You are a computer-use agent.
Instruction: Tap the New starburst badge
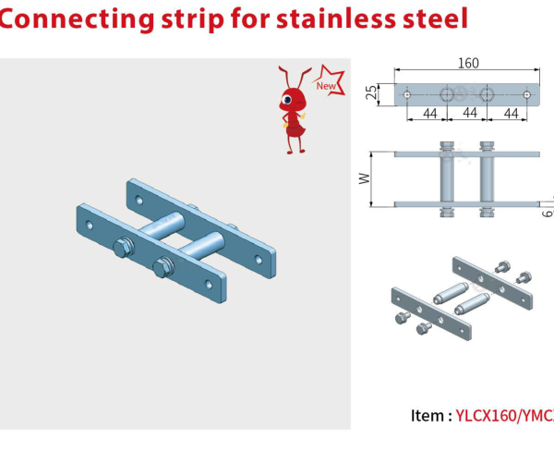tap(327, 85)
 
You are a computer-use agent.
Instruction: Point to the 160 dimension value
tap(467, 64)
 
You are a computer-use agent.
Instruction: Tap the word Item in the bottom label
tap(429, 417)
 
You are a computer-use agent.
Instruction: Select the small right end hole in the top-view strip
tap(526, 94)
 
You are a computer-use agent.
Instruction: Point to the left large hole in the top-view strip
tap(448, 94)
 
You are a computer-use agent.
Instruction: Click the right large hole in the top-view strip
tap(488, 94)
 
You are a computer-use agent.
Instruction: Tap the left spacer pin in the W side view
tap(448, 177)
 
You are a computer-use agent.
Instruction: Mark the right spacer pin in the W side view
tap(488, 177)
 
